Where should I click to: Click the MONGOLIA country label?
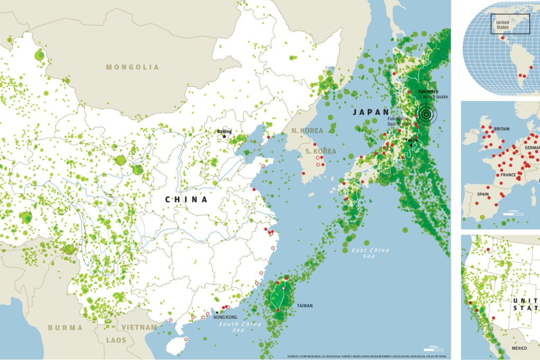click(132, 67)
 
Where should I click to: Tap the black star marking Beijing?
click(224, 137)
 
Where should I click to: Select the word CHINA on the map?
click(186, 200)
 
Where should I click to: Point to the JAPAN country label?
click(371, 112)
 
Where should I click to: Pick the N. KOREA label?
click(307, 131)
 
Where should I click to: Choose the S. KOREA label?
click(320, 151)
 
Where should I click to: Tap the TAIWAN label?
click(304, 305)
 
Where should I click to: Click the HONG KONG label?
click(225, 317)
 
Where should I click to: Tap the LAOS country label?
click(116, 340)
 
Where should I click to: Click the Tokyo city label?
click(411, 140)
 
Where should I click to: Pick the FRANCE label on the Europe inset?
click(508, 175)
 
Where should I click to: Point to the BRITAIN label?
click(501, 129)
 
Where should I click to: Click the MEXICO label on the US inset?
click(519, 349)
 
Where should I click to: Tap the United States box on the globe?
click(510, 24)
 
